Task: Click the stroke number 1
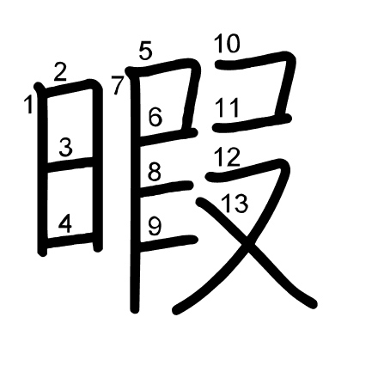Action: click(28, 105)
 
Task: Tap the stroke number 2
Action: click(60, 72)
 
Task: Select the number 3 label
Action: click(66, 147)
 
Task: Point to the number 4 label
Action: click(65, 223)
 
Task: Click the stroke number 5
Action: click(145, 51)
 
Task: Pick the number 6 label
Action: click(155, 117)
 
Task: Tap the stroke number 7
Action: click(118, 85)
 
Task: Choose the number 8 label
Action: click(155, 172)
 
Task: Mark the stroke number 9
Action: click(155, 226)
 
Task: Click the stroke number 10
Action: click(227, 44)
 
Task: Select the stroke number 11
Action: click(227, 107)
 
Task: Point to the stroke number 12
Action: click(227, 156)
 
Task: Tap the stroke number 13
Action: click(235, 204)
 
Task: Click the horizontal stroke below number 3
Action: click(70, 165)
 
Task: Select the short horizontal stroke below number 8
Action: click(165, 188)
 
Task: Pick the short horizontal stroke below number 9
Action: click(168, 242)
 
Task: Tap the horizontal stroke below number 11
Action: click(252, 123)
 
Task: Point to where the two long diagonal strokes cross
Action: click(247, 240)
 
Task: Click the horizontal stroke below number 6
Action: click(168, 137)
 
